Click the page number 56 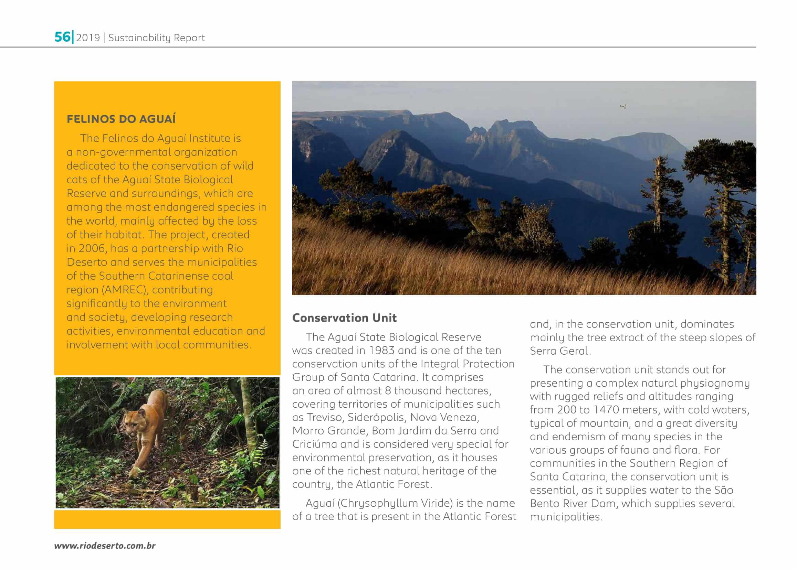coord(62,37)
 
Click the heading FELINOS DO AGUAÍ coord(121,119)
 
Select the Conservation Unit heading coord(344,318)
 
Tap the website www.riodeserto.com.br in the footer coord(105,546)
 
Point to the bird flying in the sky coord(623,107)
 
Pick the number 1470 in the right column coord(608,410)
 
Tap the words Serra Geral coord(559,351)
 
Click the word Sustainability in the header coord(139,37)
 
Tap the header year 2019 coord(88,37)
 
